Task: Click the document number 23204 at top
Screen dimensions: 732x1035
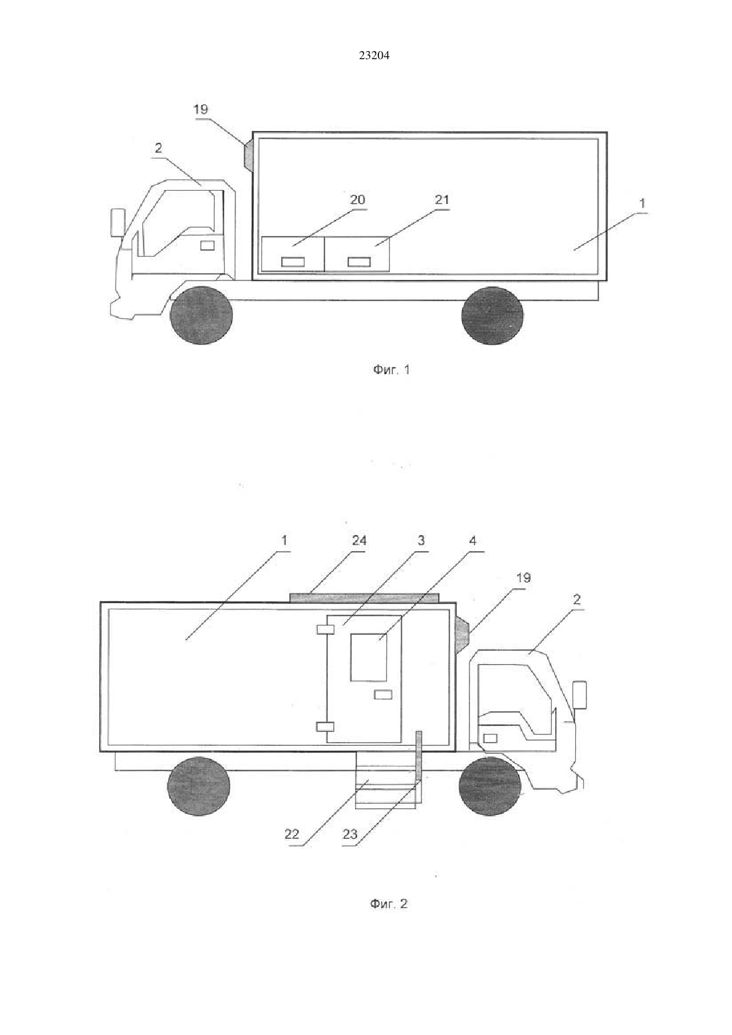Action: [x=374, y=55]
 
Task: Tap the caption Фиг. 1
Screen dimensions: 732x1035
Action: [x=391, y=370]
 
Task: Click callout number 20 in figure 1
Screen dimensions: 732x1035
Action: [x=358, y=199]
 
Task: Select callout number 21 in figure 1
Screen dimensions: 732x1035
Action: [x=442, y=199]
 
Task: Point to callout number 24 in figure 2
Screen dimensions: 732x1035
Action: [x=359, y=540]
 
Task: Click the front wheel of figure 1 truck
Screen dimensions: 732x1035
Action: [x=201, y=315]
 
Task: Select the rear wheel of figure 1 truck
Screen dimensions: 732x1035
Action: [x=493, y=315]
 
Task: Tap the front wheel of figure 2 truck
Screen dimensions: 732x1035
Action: [x=490, y=786]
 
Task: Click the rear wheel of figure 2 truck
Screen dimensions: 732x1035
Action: [x=199, y=786]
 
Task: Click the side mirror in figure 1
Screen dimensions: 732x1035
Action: [x=118, y=223]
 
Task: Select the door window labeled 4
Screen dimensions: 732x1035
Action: [x=369, y=657]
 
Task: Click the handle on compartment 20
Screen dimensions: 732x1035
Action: [x=293, y=262]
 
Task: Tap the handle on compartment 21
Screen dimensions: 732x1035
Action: [x=359, y=262]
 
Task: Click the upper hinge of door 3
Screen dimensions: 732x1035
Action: [x=325, y=630]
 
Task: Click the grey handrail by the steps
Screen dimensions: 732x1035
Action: [x=419, y=756]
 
